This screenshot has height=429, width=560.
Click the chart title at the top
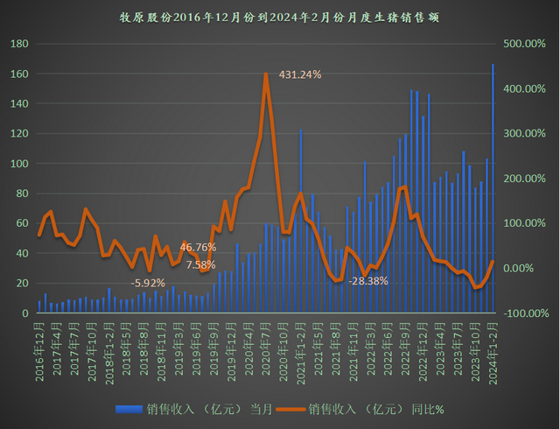(x=280, y=16)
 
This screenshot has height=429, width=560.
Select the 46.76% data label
(x=198, y=247)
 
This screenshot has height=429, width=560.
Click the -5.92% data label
(x=148, y=283)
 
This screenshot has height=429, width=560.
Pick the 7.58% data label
(x=200, y=264)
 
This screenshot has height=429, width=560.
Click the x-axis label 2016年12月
(x=40, y=347)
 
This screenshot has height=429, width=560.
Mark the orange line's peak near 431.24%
(x=265, y=74)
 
